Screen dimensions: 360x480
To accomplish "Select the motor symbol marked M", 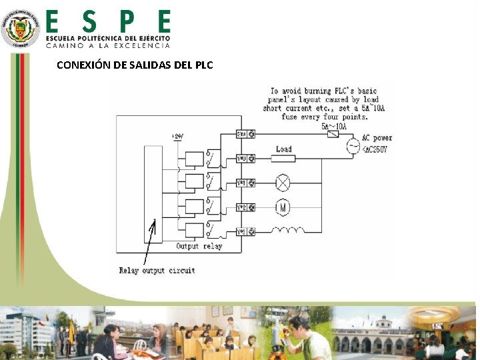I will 284,207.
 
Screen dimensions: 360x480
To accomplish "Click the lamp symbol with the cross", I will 284,182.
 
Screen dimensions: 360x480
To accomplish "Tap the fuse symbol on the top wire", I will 331,134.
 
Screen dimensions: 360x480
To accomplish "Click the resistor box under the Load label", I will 284,158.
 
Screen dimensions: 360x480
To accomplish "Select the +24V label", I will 177,137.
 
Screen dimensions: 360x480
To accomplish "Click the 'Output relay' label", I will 199,247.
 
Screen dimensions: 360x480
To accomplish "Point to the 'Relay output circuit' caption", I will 157,270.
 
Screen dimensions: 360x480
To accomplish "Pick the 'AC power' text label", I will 377,138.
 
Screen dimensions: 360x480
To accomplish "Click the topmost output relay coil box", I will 195,158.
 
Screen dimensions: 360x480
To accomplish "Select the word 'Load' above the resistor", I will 284,149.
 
